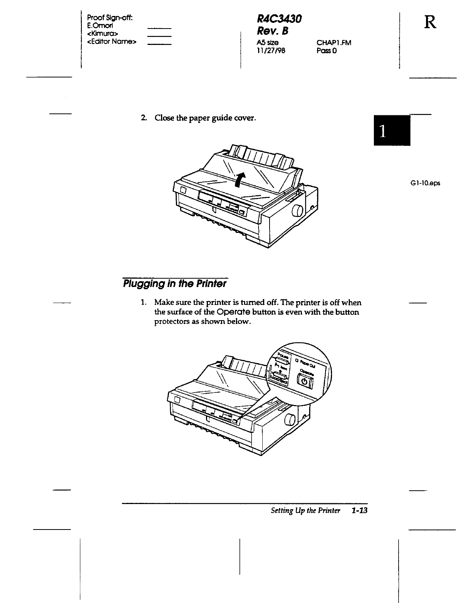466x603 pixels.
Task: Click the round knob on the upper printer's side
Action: pyautogui.click(x=297, y=211)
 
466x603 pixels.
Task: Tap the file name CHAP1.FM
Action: pyautogui.click(x=334, y=43)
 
